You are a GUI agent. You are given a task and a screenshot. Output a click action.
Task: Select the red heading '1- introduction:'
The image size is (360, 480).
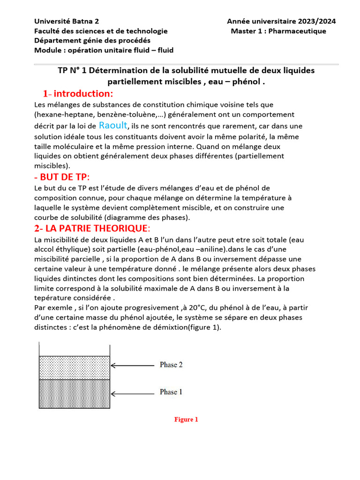78,94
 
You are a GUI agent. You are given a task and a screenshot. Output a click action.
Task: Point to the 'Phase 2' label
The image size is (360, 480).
171,365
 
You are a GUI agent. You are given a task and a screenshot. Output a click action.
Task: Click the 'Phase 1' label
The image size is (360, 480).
171,392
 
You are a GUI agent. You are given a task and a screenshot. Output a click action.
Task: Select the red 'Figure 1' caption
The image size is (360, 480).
186,420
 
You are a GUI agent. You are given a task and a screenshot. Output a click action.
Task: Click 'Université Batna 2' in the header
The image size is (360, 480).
67,21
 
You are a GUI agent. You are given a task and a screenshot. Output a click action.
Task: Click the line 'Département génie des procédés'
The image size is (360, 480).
92,41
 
